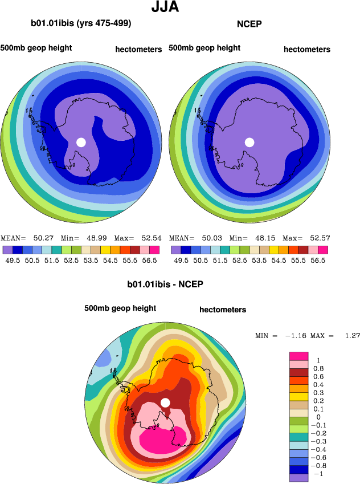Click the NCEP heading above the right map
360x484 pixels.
[x=249, y=24]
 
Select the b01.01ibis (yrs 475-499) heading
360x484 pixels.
[x=81, y=23]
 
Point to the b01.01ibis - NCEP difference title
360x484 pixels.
[x=165, y=284]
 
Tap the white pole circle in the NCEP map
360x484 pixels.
[x=249, y=142]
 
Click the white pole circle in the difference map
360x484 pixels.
[x=165, y=402]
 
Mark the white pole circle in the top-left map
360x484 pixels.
[x=81, y=142]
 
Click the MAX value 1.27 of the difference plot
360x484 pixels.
[x=352, y=336]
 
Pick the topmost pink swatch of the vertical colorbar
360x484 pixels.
[x=300, y=356]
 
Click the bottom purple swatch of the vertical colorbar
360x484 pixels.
[x=300, y=478]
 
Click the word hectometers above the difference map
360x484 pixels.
[x=223, y=310]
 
